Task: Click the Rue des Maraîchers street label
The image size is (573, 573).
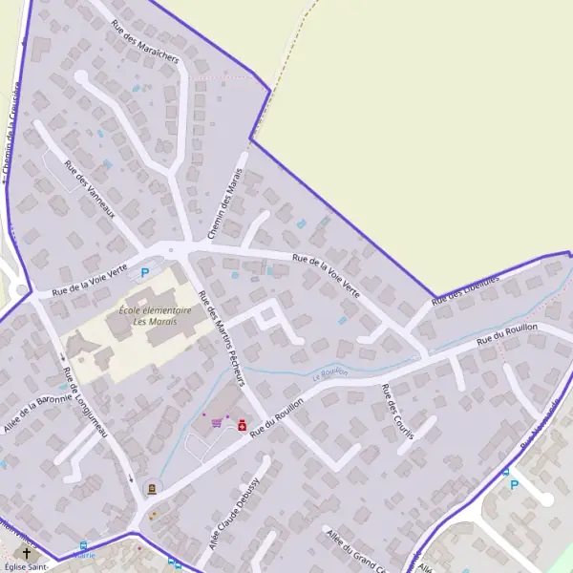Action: point(144,42)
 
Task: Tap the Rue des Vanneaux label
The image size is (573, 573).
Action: point(89,188)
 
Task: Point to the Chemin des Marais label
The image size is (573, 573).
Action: point(225,203)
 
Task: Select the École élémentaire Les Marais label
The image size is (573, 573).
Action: point(155,315)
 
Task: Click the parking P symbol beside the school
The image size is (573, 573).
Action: point(145,272)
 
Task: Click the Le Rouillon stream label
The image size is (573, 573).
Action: point(329,373)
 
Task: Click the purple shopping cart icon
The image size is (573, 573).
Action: point(218,423)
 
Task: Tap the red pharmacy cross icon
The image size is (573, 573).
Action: point(242,425)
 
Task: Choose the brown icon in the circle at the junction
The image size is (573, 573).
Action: point(150,489)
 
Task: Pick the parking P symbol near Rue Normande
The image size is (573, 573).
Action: point(514,484)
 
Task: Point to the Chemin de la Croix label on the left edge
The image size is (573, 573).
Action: point(11,134)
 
